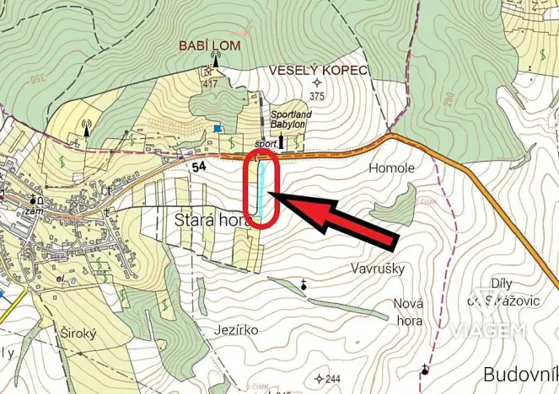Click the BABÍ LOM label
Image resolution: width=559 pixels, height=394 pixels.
209,45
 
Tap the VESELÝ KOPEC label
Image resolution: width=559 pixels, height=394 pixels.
318,70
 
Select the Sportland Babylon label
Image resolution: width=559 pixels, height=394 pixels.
288,119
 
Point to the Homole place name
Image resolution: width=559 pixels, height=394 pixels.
392,168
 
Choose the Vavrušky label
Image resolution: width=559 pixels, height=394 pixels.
377,269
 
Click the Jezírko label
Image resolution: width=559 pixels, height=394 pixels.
237,329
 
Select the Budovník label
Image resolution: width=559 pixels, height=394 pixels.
519,373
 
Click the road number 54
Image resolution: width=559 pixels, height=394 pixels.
199,168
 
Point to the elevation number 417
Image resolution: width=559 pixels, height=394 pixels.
209,83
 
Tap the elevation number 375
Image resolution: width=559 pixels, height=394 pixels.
316,96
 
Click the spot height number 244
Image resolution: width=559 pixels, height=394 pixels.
334,378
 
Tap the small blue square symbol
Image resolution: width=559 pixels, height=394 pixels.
218,129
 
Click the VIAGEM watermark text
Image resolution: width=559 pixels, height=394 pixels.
488,329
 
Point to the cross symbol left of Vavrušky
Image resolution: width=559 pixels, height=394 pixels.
303,287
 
